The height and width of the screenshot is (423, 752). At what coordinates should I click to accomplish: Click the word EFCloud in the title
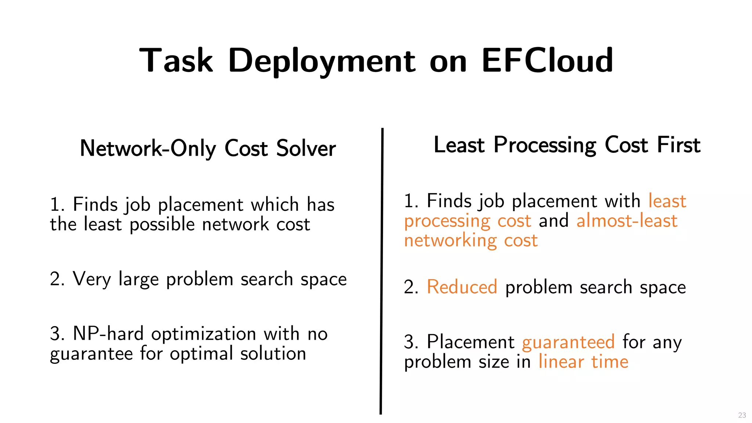[x=547, y=60]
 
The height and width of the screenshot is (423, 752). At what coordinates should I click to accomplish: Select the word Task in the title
[x=176, y=60]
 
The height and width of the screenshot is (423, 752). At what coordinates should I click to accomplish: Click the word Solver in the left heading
[x=306, y=148]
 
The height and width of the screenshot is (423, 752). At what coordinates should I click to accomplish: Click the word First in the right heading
[x=679, y=145]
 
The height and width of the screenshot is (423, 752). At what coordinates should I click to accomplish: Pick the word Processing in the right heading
[x=545, y=145]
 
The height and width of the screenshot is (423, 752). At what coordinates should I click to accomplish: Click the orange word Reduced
[x=462, y=287]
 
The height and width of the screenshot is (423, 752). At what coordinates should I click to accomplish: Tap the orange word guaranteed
[x=568, y=342]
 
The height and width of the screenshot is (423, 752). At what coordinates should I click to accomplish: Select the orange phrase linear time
[x=583, y=362]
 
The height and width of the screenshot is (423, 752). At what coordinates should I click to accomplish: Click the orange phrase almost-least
[x=627, y=221]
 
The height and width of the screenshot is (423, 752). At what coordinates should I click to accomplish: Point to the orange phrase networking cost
[x=471, y=241]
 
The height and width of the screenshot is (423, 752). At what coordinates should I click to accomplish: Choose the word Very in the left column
[x=91, y=279]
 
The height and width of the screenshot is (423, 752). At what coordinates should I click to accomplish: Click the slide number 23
[x=742, y=415]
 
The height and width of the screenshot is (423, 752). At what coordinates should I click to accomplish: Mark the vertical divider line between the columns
[x=382, y=272]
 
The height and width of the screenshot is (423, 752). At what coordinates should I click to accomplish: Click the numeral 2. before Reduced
[x=411, y=287]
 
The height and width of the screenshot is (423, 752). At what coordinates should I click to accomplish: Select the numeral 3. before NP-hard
[x=57, y=334]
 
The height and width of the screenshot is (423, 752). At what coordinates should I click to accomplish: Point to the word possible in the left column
[x=162, y=224]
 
